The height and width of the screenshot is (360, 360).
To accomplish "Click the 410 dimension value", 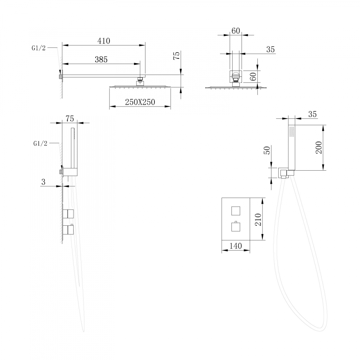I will click(x=103, y=41).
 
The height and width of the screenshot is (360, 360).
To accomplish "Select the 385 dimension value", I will click(x=101, y=60).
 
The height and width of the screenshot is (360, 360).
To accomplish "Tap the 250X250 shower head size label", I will click(x=140, y=102).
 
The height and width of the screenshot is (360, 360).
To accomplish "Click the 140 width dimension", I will click(x=235, y=246).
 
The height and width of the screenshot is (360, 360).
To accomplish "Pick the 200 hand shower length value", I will click(x=319, y=147).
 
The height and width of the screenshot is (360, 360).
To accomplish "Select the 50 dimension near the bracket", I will click(x=267, y=150).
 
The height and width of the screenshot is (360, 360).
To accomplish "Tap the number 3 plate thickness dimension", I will click(x=43, y=182).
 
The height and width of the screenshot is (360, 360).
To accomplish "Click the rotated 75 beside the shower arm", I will click(x=176, y=56).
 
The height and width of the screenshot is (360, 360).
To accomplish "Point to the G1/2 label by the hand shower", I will click(x=40, y=143).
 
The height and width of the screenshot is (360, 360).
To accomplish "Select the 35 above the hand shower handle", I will click(x=312, y=114).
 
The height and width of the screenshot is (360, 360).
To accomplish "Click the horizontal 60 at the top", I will click(x=235, y=31).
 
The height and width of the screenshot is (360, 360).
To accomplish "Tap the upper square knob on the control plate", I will click(x=236, y=211).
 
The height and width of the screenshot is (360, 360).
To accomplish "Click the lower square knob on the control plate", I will click(x=236, y=227).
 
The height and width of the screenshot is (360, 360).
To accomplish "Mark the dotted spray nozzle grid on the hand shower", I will click(x=292, y=131).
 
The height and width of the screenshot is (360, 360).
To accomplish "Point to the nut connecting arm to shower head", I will click(x=140, y=82).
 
